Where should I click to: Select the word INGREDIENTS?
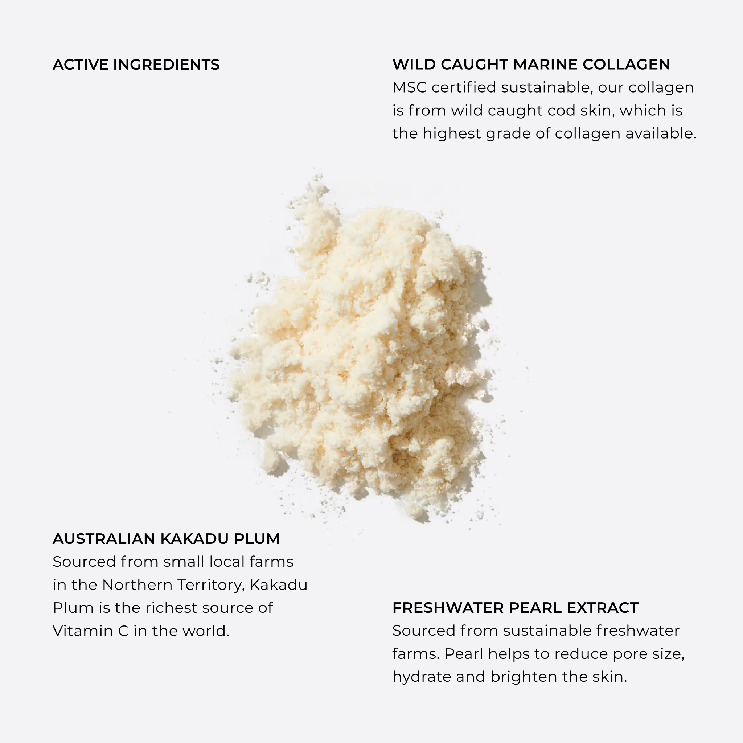pyautogui.click(x=166, y=65)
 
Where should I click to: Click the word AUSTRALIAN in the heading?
pyautogui.click(x=104, y=539)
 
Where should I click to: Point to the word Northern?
pyautogui.click(x=137, y=585)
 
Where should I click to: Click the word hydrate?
pyautogui.click(x=422, y=677)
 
